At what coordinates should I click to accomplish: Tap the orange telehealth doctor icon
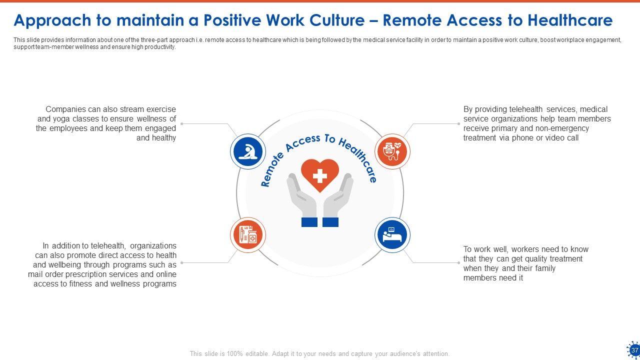[392, 151]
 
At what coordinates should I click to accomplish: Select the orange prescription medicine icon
[247, 235]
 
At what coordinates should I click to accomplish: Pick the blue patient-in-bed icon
[392, 235]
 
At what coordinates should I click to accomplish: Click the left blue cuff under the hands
[309, 222]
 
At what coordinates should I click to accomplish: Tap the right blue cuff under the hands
[330, 222]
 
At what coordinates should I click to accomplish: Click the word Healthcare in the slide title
[570, 20]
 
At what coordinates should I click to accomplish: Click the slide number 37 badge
[634, 349]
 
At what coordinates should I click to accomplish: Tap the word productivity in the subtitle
[160, 47]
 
